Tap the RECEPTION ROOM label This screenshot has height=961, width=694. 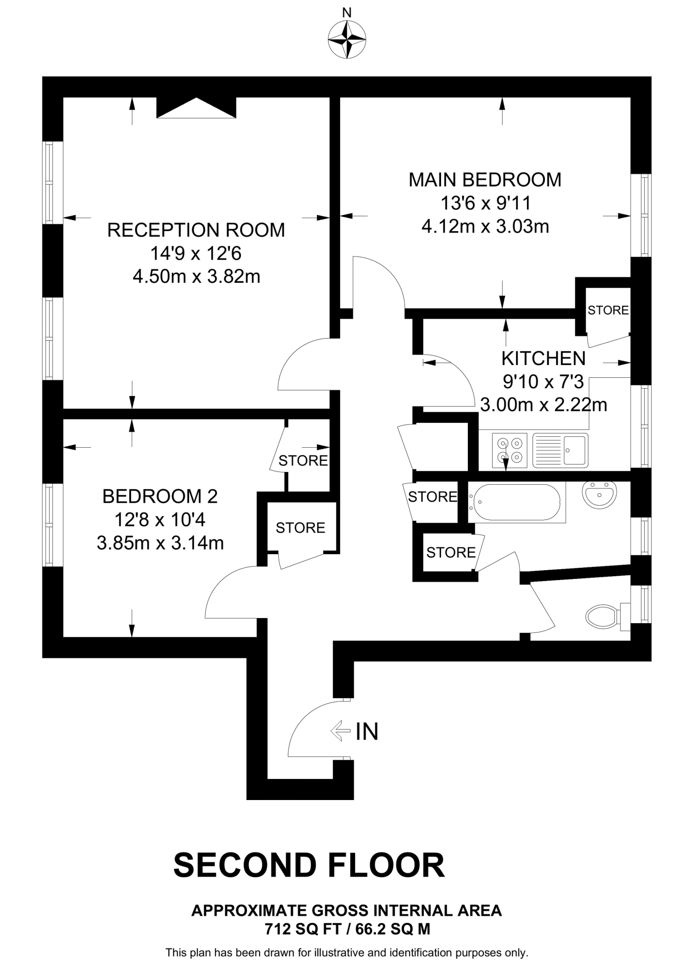tap(196, 230)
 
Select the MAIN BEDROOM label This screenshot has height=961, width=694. tap(485, 180)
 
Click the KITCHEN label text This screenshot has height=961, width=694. tap(543, 358)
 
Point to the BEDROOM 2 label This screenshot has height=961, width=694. tap(160, 496)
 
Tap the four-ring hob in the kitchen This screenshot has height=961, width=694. tap(510, 450)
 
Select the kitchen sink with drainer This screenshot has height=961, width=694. tap(560, 450)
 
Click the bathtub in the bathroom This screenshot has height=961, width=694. tap(515, 502)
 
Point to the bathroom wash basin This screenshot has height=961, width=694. tap(599, 494)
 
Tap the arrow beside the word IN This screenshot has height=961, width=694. tap(341, 731)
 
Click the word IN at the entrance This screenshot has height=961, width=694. tap(367, 732)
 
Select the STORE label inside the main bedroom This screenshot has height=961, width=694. tap(608, 310)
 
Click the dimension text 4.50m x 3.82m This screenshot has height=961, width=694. tap(196, 276)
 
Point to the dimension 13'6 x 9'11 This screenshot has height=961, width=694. tap(485, 204)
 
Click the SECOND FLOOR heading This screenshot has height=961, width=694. tap(309, 865)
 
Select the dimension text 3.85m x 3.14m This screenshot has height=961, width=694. tap(160, 543)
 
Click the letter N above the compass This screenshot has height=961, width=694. tap(347, 13)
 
